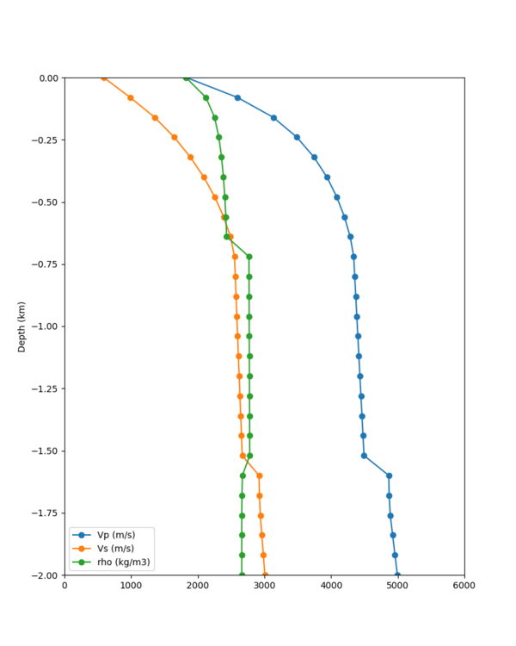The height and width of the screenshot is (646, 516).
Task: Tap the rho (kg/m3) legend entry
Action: (120, 562)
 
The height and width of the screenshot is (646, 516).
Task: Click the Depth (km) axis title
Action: (22, 326)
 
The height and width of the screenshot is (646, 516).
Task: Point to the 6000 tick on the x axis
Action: (464, 587)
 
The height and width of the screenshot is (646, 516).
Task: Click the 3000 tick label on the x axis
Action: (265, 587)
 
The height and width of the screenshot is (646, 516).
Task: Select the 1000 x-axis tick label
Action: (131, 587)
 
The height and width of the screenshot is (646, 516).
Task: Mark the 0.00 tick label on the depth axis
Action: (46, 78)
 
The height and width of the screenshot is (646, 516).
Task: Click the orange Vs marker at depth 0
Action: (104, 78)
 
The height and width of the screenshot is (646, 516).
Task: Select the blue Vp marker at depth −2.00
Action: (397, 575)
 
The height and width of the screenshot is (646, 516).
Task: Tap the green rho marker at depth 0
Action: (186, 78)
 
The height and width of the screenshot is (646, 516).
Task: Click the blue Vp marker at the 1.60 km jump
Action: (389, 475)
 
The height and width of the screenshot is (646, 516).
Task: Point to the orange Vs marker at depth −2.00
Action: (265, 575)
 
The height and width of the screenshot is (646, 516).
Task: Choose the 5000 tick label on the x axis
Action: (397, 587)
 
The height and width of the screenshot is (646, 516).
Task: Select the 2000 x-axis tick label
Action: (198, 587)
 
